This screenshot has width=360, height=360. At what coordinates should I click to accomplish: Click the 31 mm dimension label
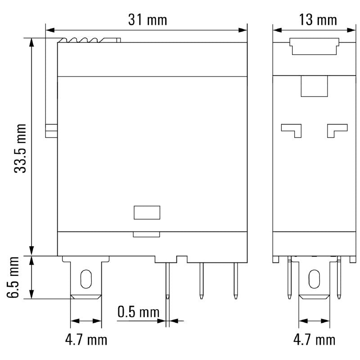pyautogui.click(x=147, y=20)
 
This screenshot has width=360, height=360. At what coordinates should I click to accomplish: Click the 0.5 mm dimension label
pyautogui.click(x=139, y=311)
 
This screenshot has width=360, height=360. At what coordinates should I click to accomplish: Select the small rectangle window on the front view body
pyautogui.click(x=147, y=212)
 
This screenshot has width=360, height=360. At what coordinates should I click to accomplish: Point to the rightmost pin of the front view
pyautogui.click(x=235, y=280)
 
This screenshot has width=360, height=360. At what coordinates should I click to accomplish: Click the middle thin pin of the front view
pyautogui.click(x=201, y=280)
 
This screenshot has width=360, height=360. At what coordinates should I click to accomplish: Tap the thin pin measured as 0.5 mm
pyautogui.click(x=167, y=280)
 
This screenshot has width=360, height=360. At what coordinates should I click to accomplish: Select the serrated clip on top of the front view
pyautogui.click(x=90, y=40)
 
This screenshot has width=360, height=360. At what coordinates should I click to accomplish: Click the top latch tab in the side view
pyautogui.click(x=314, y=46)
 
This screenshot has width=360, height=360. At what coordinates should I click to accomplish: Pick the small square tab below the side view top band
pyautogui.click(x=314, y=85)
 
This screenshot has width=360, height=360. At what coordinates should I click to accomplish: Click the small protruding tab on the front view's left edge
pyautogui.click(x=51, y=130)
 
